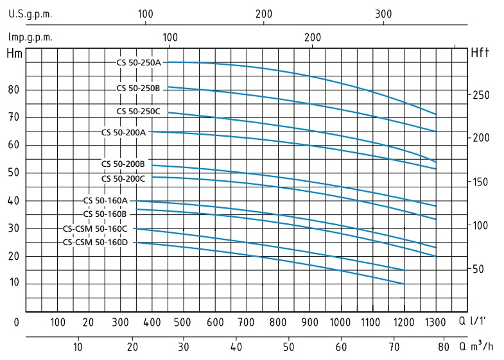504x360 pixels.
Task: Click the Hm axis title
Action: (x=14, y=53)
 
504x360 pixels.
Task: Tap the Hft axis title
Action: (x=480, y=53)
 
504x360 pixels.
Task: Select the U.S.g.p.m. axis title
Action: (x=30, y=13)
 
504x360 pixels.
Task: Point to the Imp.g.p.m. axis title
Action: (x=30, y=37)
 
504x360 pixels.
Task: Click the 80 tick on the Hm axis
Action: (x=14, y=90)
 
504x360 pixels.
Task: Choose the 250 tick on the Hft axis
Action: (x=482, y=95)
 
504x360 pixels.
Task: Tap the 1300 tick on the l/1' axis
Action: (x=435, y=321)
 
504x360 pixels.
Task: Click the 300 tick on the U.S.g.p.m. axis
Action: (x=383, y=13)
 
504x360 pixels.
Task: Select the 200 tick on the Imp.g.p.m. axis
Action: (x=313, y=37)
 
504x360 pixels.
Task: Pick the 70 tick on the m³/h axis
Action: (x=392, y=347)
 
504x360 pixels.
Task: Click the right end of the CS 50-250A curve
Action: (x=436, y=114)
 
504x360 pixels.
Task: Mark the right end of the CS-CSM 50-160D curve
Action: (x=404, y=283)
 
